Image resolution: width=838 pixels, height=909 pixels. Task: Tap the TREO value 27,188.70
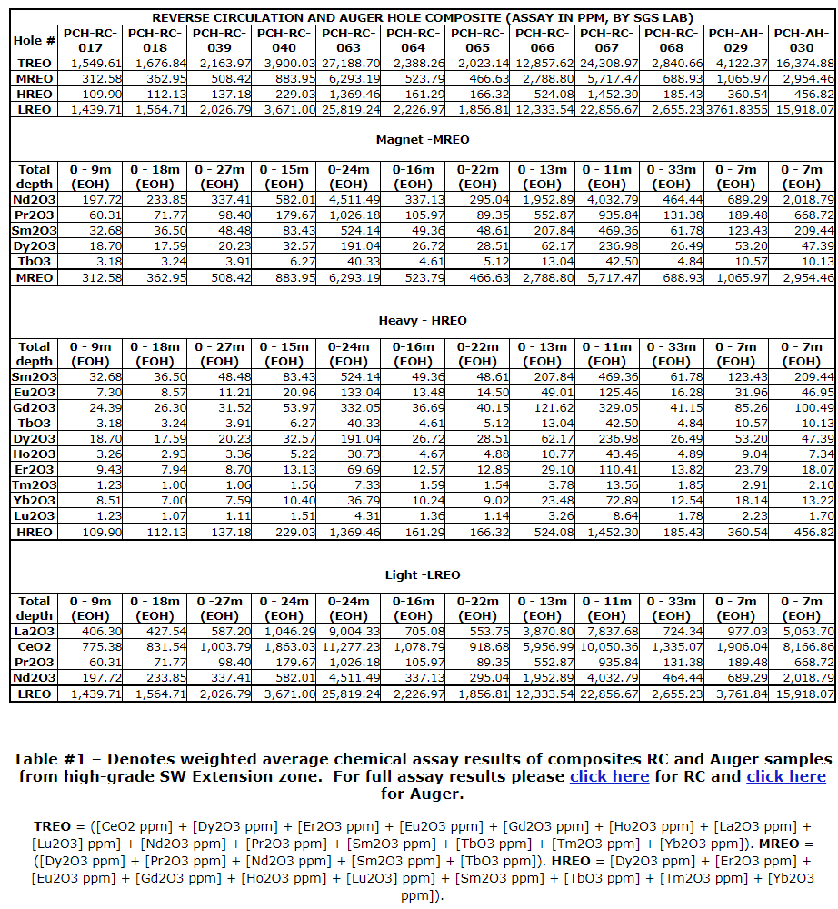coord(350,64)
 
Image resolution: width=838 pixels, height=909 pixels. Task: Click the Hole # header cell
coord(35,40)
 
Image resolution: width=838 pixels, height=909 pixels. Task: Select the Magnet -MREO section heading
coord(423,140)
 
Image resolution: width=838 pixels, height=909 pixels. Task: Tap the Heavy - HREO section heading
coord(423,320)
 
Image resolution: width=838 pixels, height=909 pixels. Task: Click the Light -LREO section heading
coord(423,574)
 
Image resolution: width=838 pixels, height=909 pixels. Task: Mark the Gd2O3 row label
coord(35,408)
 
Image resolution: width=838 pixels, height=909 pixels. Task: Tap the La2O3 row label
coord(35,632)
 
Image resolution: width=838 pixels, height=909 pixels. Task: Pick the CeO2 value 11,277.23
coord(350,647)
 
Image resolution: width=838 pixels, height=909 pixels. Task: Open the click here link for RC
coord(609,776)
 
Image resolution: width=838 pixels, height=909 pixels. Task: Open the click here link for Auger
coord(786,776)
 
